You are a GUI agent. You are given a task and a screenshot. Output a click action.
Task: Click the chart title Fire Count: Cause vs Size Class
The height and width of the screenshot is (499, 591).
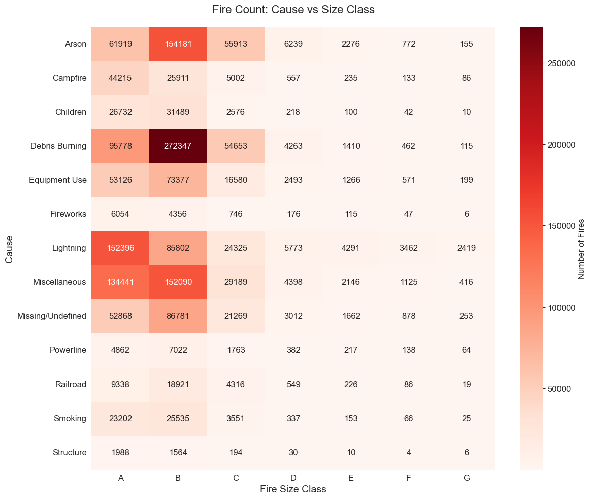click(x=293, y=10)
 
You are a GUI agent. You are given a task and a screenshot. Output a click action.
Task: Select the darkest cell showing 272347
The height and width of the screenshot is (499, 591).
click(x=178, y=146)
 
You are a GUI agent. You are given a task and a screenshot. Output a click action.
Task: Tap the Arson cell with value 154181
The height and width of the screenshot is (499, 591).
click(x=178, y=44)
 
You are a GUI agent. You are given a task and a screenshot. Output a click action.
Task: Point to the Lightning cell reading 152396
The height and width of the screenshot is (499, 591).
click(x=120, y=248)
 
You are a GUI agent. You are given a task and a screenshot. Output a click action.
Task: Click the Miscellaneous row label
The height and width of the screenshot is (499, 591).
click(x=59, y=282)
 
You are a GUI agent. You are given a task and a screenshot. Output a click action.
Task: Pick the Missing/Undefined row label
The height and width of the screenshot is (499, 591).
click(x=52, y=316)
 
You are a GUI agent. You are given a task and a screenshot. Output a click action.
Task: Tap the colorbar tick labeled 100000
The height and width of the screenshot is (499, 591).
click(x=563, y=308)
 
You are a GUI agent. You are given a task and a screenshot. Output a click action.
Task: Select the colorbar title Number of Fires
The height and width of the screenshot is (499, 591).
click(x=581, y=248)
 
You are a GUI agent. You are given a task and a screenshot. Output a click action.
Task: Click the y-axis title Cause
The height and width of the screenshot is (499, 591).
click(x=9, y=248)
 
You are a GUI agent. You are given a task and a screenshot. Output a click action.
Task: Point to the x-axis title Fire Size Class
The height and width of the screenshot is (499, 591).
click(x=293, y=489)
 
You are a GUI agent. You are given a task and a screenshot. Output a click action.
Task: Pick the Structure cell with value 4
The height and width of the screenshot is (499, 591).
click(x=409, y=452)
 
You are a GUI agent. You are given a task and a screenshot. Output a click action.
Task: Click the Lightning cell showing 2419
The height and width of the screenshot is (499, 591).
click(x=467, y=248)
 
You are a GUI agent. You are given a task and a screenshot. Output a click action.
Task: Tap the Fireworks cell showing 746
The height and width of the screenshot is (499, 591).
click(x=236, y=214)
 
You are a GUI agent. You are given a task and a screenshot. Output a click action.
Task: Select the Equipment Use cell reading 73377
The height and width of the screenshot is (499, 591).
click(x=178, y=180)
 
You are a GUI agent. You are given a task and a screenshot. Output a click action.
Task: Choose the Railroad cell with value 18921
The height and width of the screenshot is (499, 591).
click(x=178, y=384)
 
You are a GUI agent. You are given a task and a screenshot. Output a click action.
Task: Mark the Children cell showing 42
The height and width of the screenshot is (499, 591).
click(x=409, y=112)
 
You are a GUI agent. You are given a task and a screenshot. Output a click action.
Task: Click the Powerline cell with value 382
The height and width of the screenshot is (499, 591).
click(x=293, y=350)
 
